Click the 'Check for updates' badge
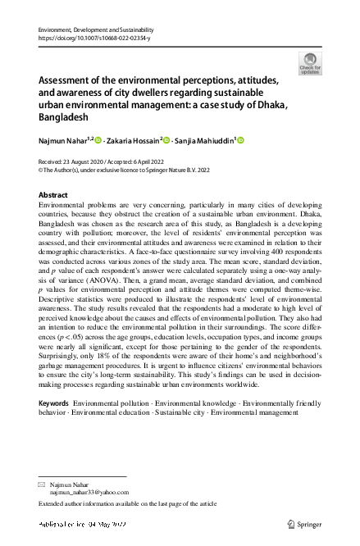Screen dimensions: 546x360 click(311, 62)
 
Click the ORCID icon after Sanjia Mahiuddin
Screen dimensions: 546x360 click(241, 142)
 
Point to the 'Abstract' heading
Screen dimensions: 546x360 click(53, 194)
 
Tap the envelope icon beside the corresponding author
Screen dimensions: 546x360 click(42, 485)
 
